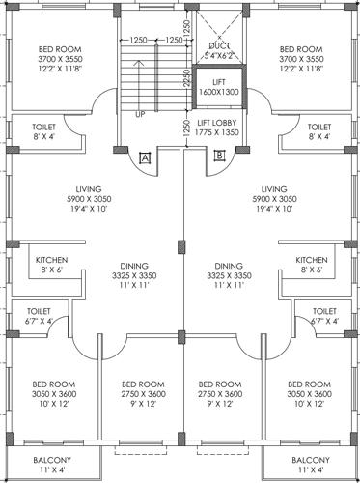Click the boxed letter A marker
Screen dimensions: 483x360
[144, 156]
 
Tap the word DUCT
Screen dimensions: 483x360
[219, 45]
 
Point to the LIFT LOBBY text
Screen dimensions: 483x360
[218, 123]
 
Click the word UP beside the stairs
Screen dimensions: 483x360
[139, 114]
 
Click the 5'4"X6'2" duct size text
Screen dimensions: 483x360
[219, 57]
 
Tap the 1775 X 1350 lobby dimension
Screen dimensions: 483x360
[218, 133]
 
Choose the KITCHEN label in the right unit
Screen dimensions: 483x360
[311, 260]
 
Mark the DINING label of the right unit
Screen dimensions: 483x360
[229, 265]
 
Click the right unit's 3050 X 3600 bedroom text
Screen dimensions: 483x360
[310, 394]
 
